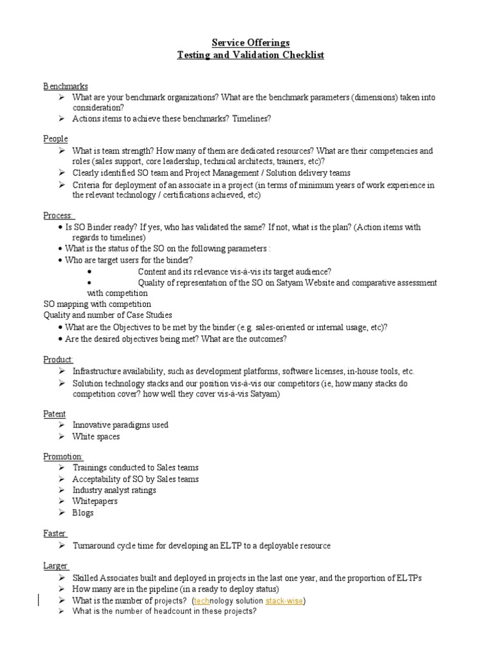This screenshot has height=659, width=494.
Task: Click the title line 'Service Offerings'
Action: pos(251,42)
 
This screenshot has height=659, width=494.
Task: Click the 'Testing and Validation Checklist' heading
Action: pos(251,55)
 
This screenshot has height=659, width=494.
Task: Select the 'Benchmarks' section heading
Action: pos(66,86)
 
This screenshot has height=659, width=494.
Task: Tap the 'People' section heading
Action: pos(55,139)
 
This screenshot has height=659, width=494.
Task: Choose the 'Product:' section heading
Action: pos(58,359)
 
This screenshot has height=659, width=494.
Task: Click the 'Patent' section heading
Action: pos(55,414)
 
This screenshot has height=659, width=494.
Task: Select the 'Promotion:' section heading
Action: pos(63,456)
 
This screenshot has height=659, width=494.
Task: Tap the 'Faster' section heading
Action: pos(55,534)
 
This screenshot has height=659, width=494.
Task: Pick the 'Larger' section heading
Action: pos(55,566)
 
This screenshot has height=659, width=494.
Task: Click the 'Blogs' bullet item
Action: pos(83,513)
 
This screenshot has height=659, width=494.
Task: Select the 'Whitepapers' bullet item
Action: pos(95,501)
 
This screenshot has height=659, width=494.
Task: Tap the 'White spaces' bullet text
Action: pos(96,437)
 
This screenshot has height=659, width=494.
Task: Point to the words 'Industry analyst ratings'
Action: pos(114,490)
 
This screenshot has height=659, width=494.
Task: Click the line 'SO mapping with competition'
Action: pos(97,304)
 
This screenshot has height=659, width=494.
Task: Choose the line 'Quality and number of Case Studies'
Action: pos(107,315)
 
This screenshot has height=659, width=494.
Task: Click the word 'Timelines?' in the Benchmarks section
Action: pos(252,118)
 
